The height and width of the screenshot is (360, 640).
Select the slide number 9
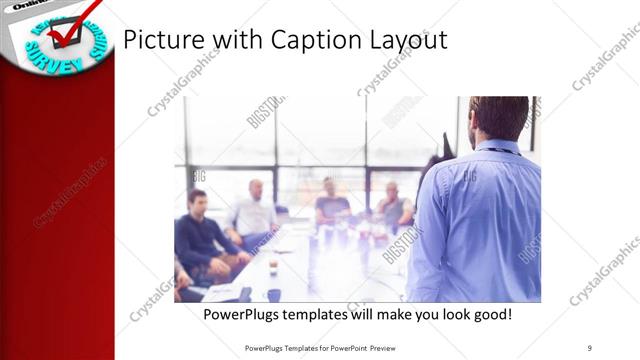point(589,347)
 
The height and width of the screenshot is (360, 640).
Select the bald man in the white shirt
point(256,211)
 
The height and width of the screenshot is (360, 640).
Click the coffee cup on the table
point(273,266)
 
